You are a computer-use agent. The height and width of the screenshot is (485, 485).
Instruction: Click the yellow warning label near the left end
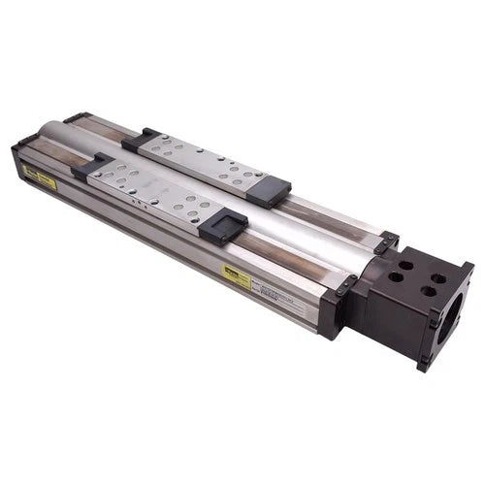coord(40,175)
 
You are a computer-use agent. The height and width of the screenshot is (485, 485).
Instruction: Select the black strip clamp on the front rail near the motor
coord(340,287)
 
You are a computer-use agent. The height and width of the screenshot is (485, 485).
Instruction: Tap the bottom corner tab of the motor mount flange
coord(423,364)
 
